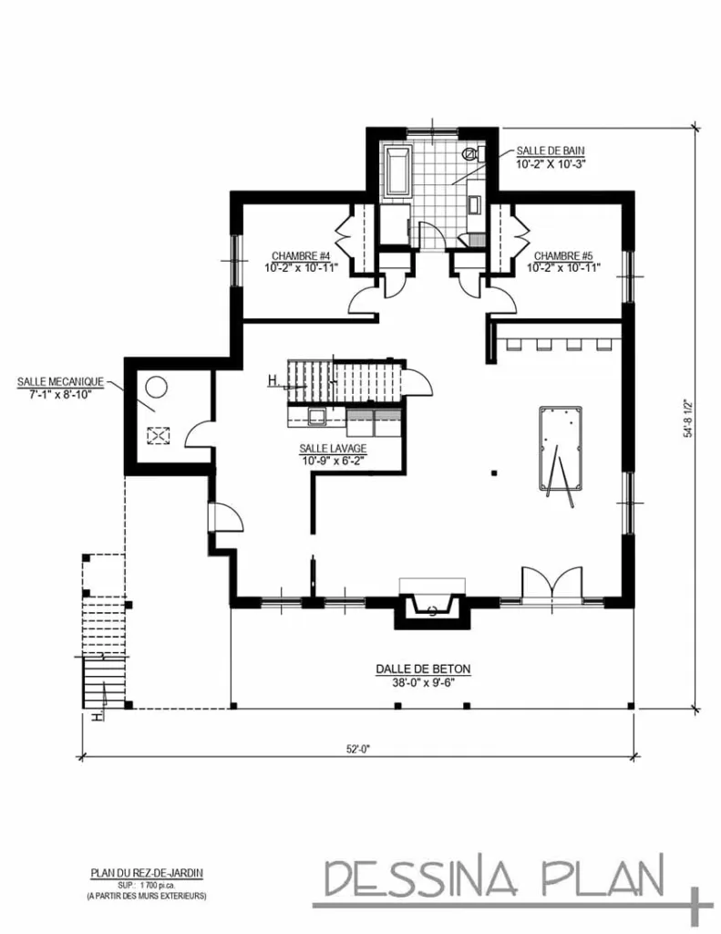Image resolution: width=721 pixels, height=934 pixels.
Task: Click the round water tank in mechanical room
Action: click(x=155, y=387)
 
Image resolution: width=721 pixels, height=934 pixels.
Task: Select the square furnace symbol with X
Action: click(x=158, y=436)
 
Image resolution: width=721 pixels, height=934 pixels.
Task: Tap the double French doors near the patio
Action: click(x=550, y=583)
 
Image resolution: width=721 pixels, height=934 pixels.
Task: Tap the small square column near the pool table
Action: click(x=493, y=472)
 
